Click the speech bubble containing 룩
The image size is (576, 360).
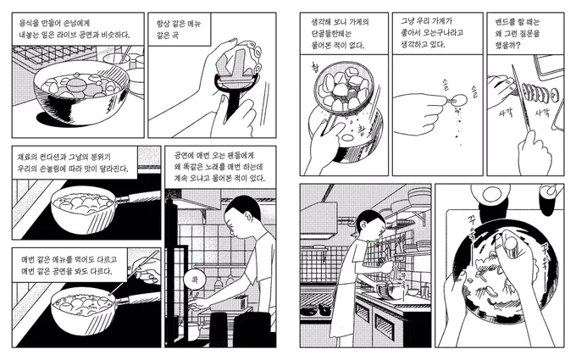click(x=195, y=281)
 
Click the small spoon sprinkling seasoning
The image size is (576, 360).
click(x=456, y=99)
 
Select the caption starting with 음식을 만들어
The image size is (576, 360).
click(x=78, y=30)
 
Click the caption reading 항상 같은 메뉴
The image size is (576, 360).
click(x=179, y=30)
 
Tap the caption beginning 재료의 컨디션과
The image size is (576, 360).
click(x=75, y=163)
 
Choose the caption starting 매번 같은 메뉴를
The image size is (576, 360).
click(x=69, y=265)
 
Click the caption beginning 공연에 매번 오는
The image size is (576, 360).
click(x=220, y=168)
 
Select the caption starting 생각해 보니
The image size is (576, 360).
click(x=344, y=34)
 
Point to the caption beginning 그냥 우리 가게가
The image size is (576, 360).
click(x=438, y=34)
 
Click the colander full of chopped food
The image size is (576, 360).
click(x=343, y=88)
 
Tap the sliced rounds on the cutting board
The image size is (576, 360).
click(x=541, y=94)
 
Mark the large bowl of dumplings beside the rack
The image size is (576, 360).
click(x=81, y=94)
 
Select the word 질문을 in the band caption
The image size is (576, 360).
click(x=529, y=34)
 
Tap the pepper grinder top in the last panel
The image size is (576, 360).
click(x=511, y=243)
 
